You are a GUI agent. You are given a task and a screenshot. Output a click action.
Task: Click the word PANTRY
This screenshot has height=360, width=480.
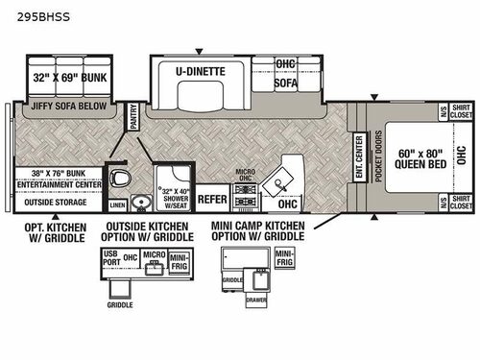(134, 120)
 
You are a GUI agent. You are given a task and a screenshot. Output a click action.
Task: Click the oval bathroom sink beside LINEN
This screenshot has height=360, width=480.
(140, 202)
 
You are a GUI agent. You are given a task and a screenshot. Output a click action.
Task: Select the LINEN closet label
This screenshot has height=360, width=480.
(117, 204)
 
